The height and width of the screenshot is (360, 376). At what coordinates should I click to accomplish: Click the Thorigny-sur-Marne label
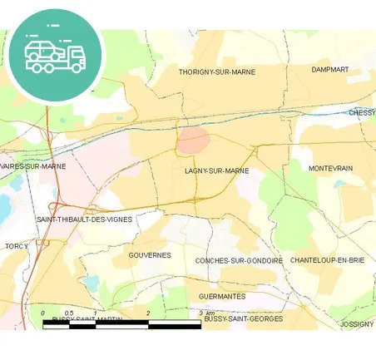216,72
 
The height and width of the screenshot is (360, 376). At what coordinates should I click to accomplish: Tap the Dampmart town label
329,70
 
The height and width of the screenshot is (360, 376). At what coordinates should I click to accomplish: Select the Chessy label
362,112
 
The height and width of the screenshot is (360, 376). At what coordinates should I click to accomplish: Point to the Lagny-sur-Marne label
216,170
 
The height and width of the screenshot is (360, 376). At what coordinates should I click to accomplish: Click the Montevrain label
330,168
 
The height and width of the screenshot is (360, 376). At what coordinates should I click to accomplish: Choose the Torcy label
17,247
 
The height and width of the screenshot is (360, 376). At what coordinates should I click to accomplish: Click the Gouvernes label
151,255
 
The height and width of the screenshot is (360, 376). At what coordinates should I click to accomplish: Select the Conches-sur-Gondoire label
239,261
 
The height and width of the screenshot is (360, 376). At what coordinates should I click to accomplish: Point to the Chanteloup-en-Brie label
328,260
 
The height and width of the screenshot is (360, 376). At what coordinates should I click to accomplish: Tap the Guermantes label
222,296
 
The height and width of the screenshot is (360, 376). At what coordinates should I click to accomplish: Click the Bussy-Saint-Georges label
243,318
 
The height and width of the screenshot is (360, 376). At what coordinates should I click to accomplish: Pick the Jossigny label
357,323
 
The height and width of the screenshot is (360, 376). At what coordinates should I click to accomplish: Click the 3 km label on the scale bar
207,313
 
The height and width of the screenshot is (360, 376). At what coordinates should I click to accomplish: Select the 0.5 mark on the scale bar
69,313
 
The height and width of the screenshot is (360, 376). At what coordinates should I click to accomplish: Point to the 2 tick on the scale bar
148,313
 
